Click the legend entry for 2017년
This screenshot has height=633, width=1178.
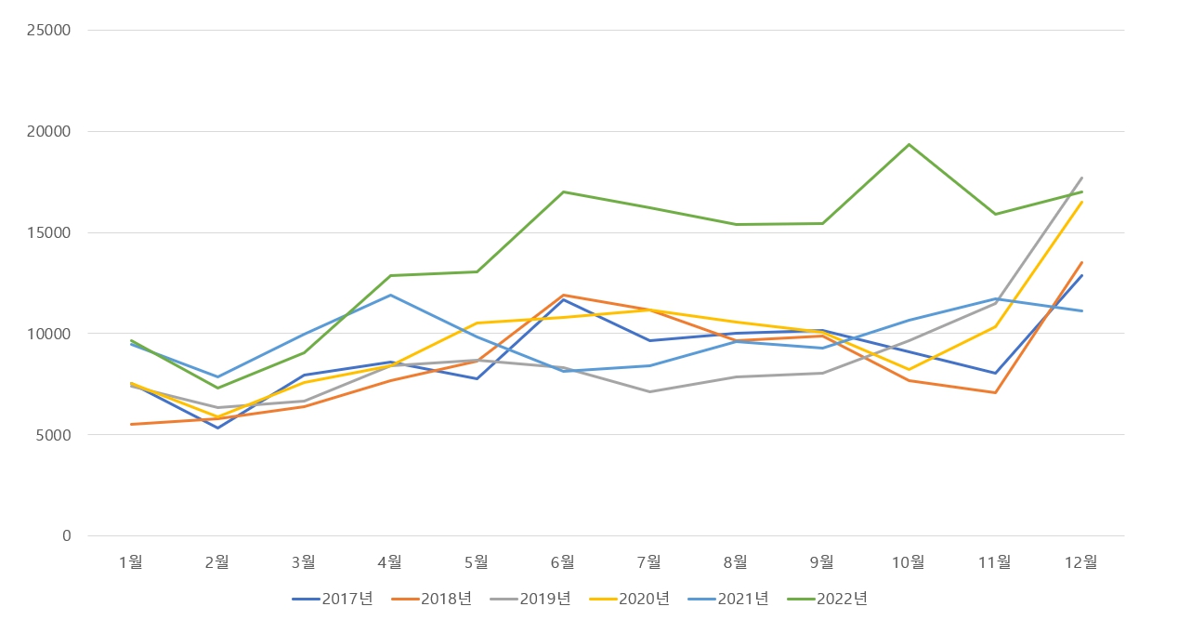333,599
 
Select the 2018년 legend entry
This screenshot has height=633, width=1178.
432,599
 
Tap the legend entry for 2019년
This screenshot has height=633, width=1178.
530,599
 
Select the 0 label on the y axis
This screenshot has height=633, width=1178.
66,536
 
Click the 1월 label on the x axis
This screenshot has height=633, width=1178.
131,561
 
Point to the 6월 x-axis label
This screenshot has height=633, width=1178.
563,561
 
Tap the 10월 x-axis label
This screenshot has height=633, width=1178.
909,561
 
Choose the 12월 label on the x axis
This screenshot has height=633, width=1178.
1081,561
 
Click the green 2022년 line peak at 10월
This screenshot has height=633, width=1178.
909,144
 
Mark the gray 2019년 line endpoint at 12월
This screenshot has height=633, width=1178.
1081,178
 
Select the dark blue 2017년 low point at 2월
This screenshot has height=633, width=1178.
217,428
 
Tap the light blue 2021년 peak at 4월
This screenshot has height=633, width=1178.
390,295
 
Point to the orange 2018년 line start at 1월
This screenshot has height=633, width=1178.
131,424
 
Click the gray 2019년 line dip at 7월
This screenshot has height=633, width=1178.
649,391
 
